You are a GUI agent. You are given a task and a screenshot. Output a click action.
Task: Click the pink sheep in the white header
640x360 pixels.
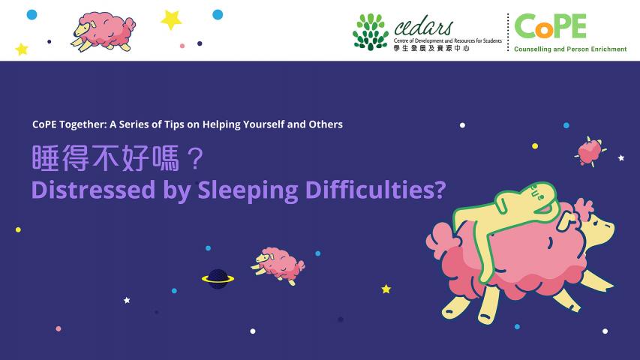104,31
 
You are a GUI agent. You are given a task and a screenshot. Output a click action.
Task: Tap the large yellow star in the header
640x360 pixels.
171,19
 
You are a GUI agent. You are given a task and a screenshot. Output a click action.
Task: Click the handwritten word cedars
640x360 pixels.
424,27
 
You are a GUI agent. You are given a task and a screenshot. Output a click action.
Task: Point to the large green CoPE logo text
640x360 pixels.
550,26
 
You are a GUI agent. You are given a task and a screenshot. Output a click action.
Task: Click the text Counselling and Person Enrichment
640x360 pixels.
570,49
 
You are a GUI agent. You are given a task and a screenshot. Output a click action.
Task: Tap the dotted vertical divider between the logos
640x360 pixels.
508,32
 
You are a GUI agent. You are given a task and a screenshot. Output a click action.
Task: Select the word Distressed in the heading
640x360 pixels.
94,190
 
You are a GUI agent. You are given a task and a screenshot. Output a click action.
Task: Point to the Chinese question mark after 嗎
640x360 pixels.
197,158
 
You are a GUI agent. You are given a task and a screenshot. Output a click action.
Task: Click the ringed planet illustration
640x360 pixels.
218,279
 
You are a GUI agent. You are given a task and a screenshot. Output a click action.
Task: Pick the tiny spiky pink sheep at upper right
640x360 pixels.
590,151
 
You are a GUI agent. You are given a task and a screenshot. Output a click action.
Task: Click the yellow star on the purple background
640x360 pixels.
386,289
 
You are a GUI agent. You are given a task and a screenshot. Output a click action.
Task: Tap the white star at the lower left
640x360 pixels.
127,301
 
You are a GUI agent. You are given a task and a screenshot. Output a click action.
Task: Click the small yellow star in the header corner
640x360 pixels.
22,49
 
